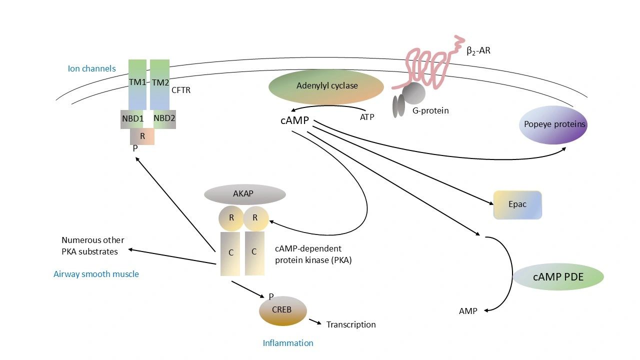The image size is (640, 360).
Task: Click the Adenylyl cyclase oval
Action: click(x=326, y=86)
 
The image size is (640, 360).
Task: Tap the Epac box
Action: click(x=517, y=204)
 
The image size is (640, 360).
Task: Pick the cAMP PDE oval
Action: click(x=558, y=276)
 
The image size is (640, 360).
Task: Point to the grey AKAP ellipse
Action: click(x=244, y=194)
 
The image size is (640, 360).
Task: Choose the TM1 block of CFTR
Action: click(x=137, y=82)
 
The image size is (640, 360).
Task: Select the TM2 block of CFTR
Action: click(x=160, y=82)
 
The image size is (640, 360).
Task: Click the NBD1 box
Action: click(x=132, y=119)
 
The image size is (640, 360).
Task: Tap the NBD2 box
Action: click(x=164, y=119)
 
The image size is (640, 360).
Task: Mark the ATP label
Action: click(x=367, y=117)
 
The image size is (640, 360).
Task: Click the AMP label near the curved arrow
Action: click(x=468, y=311)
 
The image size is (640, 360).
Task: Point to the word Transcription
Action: click(x=351, y=324)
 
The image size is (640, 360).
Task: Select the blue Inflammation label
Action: click(x=288, y=343)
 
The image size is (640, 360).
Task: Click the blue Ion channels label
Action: click(x=91, y=68)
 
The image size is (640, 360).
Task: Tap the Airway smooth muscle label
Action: click(x=96, y=274)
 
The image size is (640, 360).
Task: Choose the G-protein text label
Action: click(x=430, y=110)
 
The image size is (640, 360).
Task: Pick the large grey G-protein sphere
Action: click(x=414, y=93)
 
